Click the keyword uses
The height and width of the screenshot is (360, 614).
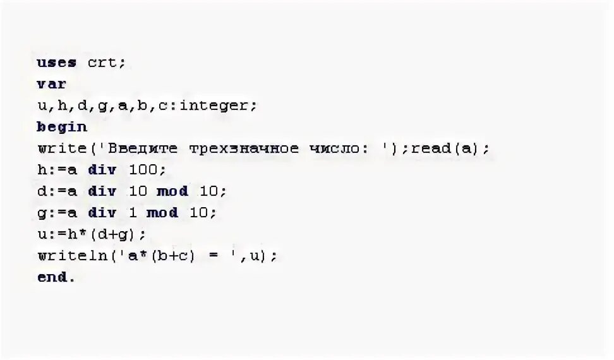click(x=57, y=63)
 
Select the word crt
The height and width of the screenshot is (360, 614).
click(x=105, y=63)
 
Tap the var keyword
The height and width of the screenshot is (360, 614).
click(x=52, y=84)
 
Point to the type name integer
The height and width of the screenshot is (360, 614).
click(x=216, y=105)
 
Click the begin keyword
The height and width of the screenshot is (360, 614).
click(x=62, y=127)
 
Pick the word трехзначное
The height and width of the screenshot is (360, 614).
click(x=244, y=148)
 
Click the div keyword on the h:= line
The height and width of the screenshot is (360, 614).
click(x=102, y=170)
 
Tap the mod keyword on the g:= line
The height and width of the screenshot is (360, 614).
click(x=162, y=213)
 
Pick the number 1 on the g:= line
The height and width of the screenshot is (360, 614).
click(x=132, y=213)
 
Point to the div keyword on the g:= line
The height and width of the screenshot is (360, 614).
click(x=102, y=213)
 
